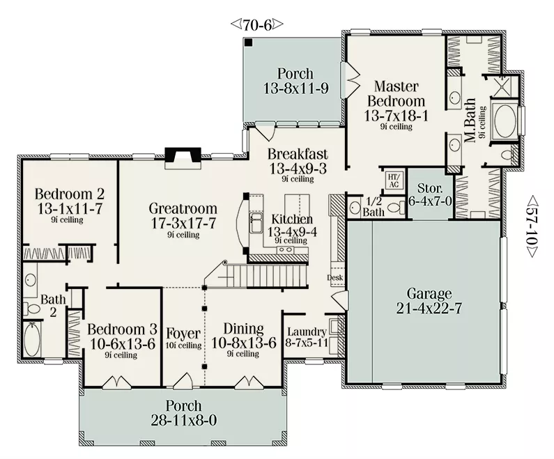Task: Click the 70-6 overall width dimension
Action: click(x=257, y=24)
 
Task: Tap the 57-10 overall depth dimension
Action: click(x=532, y=227)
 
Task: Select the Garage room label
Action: click(x=429, y=294)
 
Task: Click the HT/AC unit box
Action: click(x=393, y=180)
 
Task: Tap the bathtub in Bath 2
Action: click(x=32, y=339)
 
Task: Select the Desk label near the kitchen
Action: click(x=335, y=277)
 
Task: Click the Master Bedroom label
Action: click(x=396, y=93)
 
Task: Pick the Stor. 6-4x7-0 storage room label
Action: click(x=430, y=194)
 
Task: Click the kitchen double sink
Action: click(x=256, y=223)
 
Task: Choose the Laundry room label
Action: click(x=307, y=332)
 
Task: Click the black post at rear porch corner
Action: click(x=249, y=42)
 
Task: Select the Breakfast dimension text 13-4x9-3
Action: click(x=298, y=169)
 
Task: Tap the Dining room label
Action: click(x=243, y=329)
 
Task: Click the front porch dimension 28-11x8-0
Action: click(x=184, y=420)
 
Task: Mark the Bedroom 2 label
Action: click(x=70, y=194)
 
